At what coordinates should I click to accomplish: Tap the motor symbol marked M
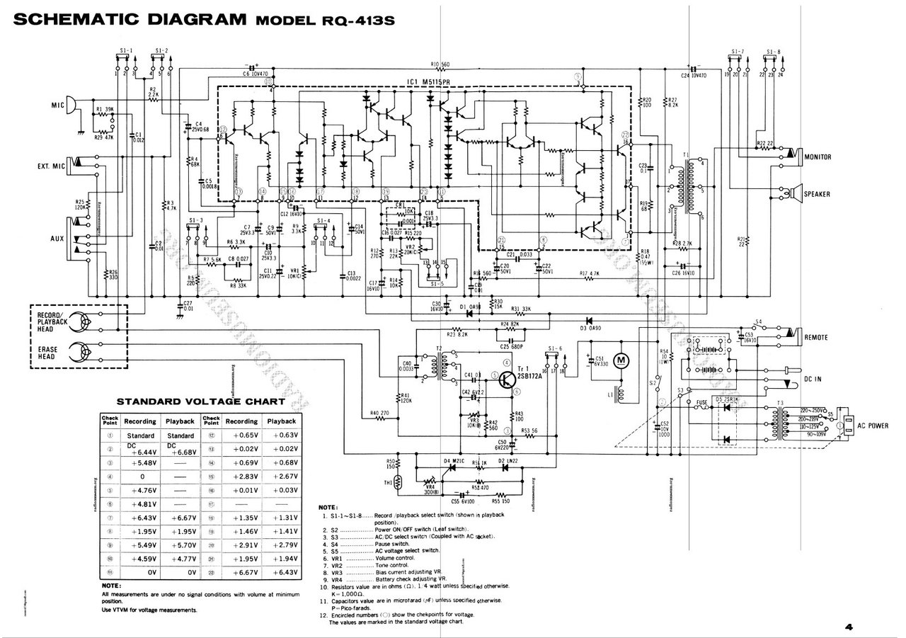coord(621,361)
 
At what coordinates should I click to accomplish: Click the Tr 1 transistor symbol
coord(507,381)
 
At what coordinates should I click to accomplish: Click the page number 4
coord(849,626)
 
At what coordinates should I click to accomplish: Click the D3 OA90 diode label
coord(591,328)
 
